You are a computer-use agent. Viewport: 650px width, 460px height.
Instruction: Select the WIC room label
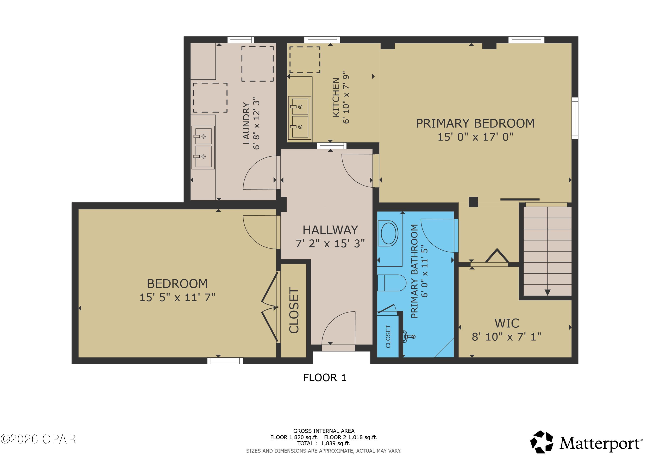(x=507, y=323)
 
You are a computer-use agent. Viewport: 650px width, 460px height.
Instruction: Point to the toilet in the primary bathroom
(x=392, y=283)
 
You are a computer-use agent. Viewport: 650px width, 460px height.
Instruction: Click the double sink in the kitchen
(x=299, y=117)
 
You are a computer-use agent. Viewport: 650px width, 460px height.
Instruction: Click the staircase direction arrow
(x=547, y=292)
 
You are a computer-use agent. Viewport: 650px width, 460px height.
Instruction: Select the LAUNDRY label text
(x=246, y=123)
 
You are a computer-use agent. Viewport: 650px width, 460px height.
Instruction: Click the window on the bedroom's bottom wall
(x=225, y=361)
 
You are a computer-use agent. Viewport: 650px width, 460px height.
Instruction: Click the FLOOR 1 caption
(x=325, y=378)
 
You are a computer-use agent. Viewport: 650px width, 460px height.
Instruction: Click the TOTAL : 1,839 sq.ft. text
(x=323, y=443)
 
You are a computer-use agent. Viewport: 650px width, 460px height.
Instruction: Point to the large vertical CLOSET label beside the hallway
(x=294, y=310)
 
